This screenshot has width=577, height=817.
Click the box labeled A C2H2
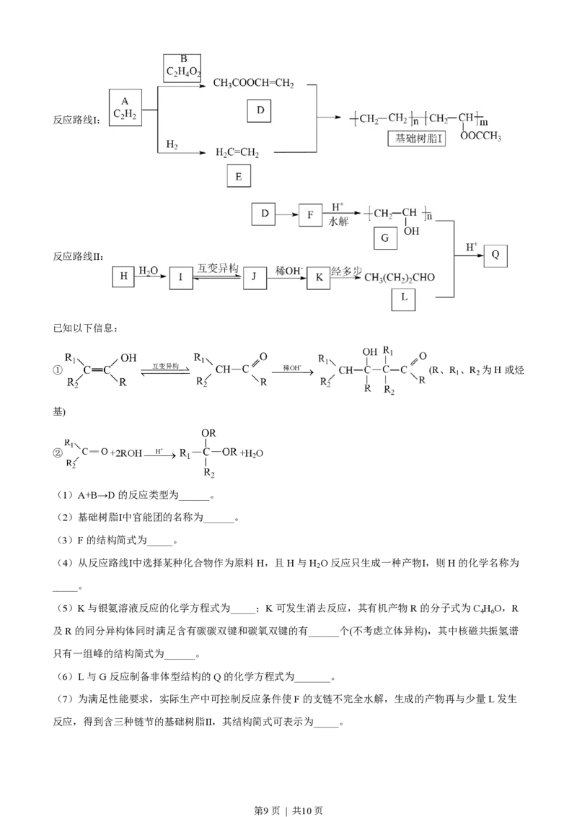click(x=125, y=108)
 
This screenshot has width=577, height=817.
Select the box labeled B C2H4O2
click(x=182, y=69)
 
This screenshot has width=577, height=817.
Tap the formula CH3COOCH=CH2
click(x=254, y=83)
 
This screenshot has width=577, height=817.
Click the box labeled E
click(x=239, y=176)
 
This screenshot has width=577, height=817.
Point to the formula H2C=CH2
click(x=237, y=153)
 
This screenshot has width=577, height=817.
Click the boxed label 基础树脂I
click(x=418, y=139)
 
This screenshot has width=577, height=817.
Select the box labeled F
click(x=310, y=214)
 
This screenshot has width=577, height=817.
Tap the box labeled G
click(x=385, y=238)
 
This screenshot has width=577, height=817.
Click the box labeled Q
click(x=495, y=255)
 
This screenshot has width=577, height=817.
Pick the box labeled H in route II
click(x=123, y=276)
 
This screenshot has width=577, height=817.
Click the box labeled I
click(x=181, y=277)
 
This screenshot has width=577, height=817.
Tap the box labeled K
click(x=319, y=277)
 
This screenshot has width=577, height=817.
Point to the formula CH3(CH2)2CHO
click(x=400, y=278)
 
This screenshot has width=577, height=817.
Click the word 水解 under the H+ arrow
click(x=338, y=222)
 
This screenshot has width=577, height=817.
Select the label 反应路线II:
click(x=78, y=256)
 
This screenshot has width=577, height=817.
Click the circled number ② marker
click(x=58, y=453)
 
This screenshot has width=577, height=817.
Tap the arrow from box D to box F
click(x=288, y=214)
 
